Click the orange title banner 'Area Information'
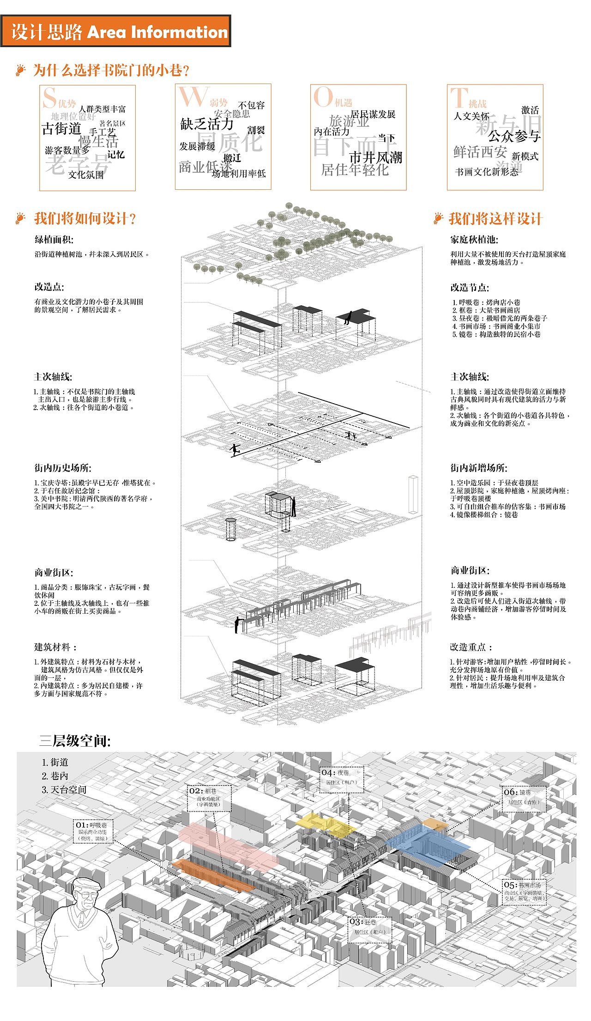coord(115,31)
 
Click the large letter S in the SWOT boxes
coord(49,98)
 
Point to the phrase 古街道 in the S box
coord(61,129)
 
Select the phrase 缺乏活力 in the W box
coord(207,124)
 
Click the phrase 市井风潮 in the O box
coord(375,157)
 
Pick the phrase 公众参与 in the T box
coord(514,136)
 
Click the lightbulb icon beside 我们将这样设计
coord(438,218)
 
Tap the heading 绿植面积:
coord(54,240)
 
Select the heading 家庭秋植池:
coord(474,240)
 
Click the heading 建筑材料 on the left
coord(55,647)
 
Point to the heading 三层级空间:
coord(75,741)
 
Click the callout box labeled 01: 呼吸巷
coord(93,831)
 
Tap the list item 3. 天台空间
coord(64,790)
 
